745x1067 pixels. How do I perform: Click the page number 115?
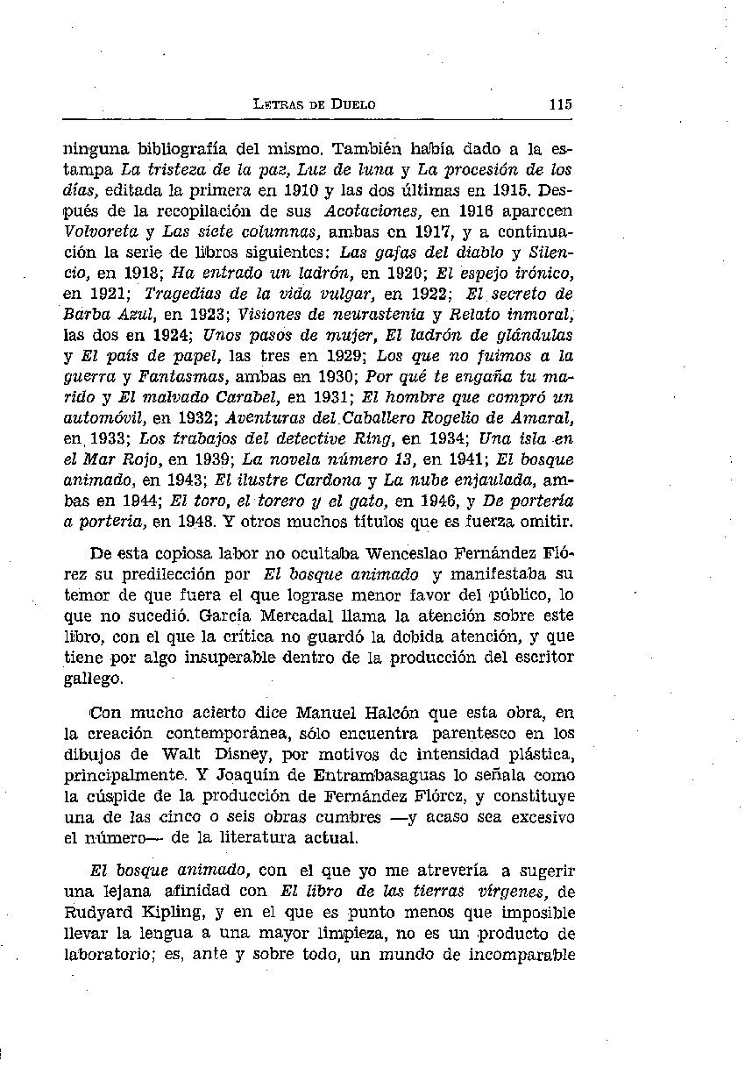coord(561,103)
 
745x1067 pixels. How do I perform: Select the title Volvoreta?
coord(99,232)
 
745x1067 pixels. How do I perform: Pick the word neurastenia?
coord(381,314)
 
